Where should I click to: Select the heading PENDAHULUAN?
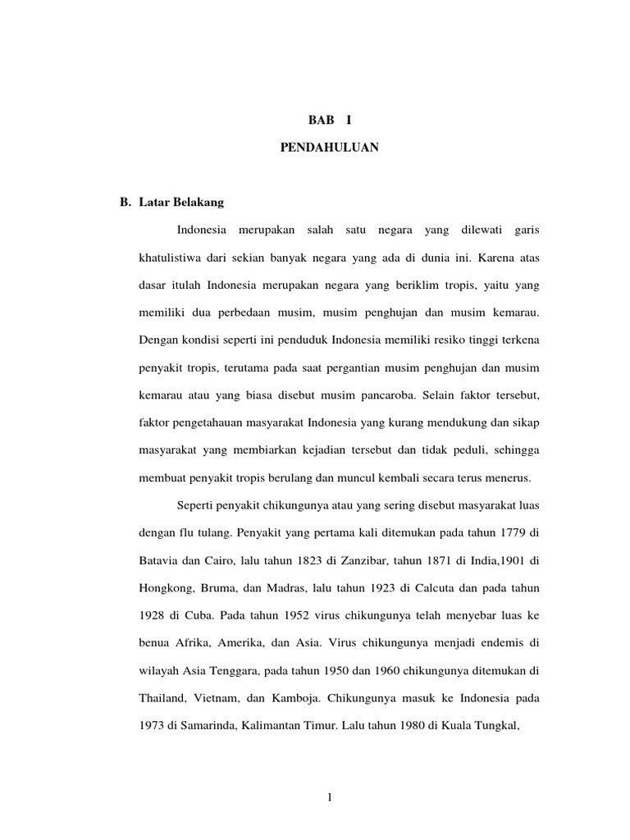[x=331, y=149]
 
